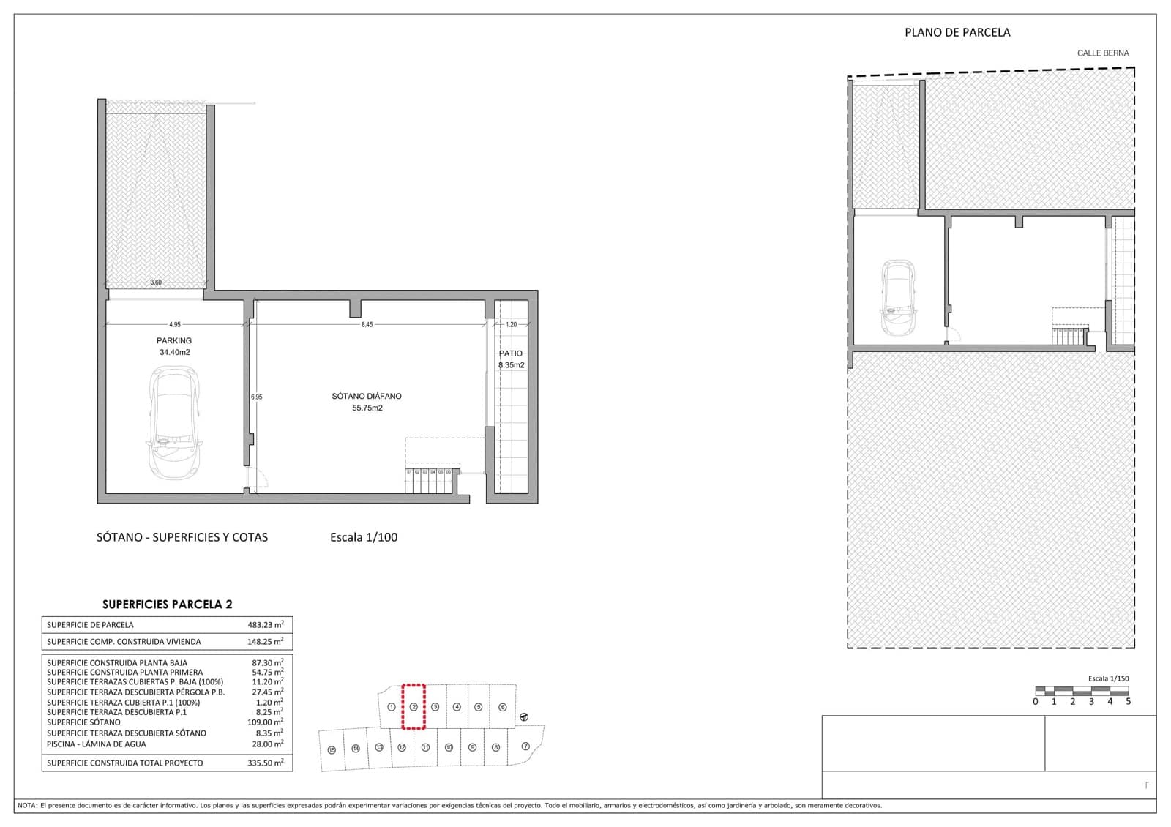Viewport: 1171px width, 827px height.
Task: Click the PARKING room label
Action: tap(173, 340)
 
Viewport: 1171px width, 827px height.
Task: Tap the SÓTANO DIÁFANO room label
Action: tap(367, 396)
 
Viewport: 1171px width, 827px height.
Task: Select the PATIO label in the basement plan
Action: tap(511, 353)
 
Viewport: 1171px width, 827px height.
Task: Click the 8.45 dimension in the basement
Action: tap(367, 324)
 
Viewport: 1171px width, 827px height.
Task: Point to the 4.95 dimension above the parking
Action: tap(174, 324)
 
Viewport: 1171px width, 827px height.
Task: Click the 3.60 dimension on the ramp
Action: tap(156, 282)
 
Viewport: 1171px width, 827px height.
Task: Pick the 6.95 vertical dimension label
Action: tap(256, 397)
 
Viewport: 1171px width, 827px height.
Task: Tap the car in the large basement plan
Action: tap(174, 422)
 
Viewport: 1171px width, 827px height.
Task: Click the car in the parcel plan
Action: tap(898, 297)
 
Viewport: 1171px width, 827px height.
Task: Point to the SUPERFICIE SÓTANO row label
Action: tap(83, 722)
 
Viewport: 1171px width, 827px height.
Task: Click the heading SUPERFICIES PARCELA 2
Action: tap(167, 605)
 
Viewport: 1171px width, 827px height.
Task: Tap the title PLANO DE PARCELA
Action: tap(957, 32)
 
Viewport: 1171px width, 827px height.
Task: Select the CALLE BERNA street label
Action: tap(1102, 53)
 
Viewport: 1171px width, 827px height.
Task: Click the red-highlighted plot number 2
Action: tap(414, 707)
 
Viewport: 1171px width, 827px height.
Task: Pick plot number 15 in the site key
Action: tap(332, 750)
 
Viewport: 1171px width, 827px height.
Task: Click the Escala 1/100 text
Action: tap(364, 537)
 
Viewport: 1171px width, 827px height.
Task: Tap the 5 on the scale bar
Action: tap(1128, 701)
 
